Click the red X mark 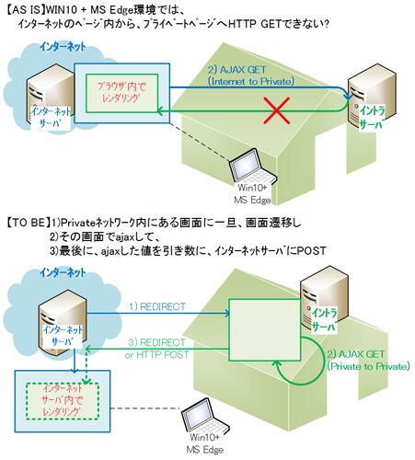click(277, 110)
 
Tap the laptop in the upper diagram click(252, 167)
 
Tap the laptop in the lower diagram click(204, 417)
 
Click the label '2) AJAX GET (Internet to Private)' click(251, 75)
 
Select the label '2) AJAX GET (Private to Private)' click(368, 361)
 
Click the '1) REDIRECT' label click(157, 306)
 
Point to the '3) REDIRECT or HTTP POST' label click(156, 349)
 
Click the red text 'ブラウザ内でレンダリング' click(121, 92)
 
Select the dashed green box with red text click(63, 401)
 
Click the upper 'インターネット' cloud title click(63, 47)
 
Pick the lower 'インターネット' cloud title click(63, 272)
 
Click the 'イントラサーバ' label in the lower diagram click(325, 320)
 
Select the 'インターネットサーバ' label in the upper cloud click(51, 117)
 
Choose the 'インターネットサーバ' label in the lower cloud click(63, 335)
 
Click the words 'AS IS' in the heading click(28, 10)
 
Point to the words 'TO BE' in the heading click(29, 223)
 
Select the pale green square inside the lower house click(265, 330)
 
